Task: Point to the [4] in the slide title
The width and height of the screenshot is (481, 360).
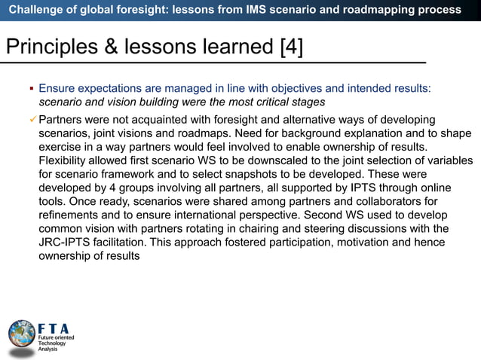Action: pos(291,47)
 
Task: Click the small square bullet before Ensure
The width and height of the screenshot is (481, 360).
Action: pos(31,89)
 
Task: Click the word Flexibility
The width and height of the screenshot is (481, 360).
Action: pos(65,160)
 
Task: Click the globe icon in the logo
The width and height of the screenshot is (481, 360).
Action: pos(21,334)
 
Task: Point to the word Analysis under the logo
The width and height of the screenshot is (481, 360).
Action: pos(48,350)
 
